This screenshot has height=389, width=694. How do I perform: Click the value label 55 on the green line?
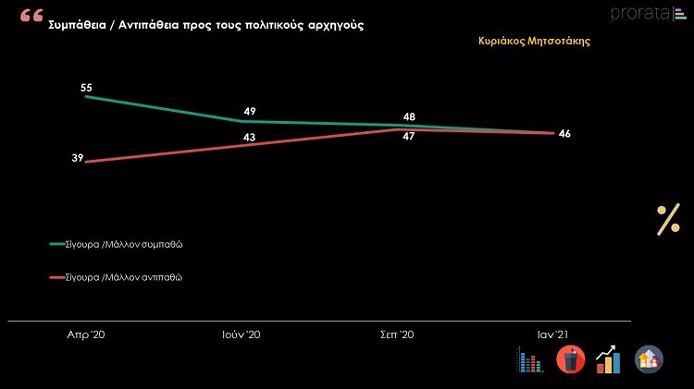86,88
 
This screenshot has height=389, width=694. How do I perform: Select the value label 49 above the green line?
249,112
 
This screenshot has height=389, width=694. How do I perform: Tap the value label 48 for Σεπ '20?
408,117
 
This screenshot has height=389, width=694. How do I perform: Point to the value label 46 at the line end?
564,134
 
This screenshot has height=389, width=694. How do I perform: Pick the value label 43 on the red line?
249,137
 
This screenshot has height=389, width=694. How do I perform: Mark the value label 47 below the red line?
408,137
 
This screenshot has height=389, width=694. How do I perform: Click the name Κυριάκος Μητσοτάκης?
535,41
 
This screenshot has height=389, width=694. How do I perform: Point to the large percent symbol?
668,221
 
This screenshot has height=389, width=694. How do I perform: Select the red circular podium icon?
570,359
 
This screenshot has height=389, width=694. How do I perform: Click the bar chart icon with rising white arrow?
608,359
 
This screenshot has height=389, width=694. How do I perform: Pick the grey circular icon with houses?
649,359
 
